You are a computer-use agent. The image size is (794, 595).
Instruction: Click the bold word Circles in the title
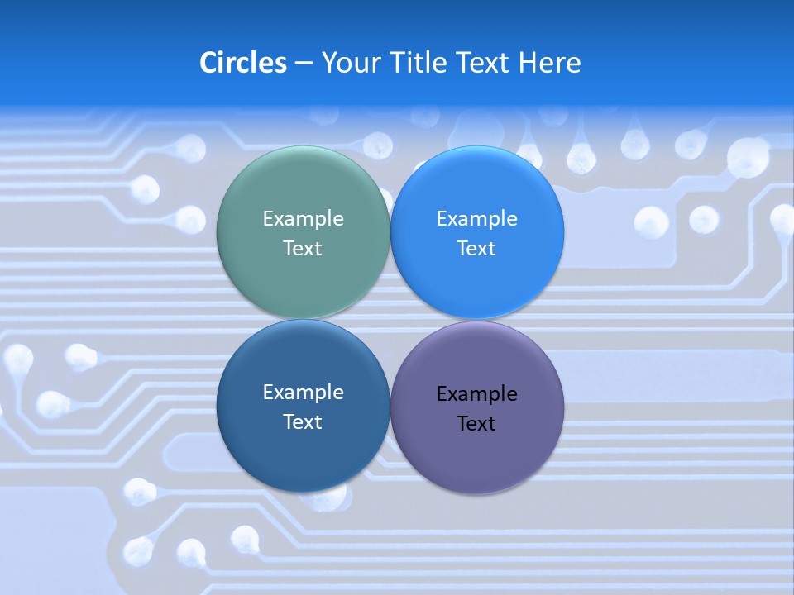243,63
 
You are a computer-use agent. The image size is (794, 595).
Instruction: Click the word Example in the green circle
303,218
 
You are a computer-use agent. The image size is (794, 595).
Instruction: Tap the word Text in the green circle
303,248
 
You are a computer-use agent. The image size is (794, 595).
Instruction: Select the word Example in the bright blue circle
476,218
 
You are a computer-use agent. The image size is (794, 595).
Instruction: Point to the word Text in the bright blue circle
476,248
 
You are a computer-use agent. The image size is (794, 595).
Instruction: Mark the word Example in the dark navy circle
303,392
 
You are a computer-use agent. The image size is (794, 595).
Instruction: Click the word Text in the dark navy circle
303,421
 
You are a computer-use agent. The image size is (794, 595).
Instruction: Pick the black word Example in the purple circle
476,393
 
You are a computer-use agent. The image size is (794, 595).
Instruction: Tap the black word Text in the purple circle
476,423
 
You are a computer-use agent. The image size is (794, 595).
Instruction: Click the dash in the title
304,64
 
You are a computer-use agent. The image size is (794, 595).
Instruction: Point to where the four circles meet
390,320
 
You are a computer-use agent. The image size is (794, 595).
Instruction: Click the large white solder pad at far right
748,156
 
